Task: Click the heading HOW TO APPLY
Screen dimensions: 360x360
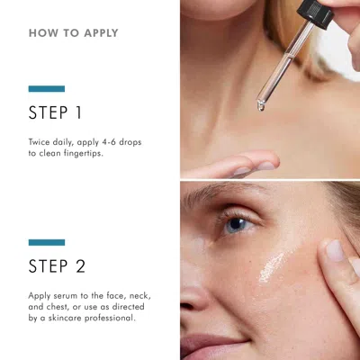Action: click(x=73, y=33)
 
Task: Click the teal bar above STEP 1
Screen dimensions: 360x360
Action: click(x=46, y=89)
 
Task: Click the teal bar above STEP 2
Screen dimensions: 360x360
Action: click(x=46, y=242)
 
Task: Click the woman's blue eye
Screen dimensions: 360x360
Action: click(x=237, y=223)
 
